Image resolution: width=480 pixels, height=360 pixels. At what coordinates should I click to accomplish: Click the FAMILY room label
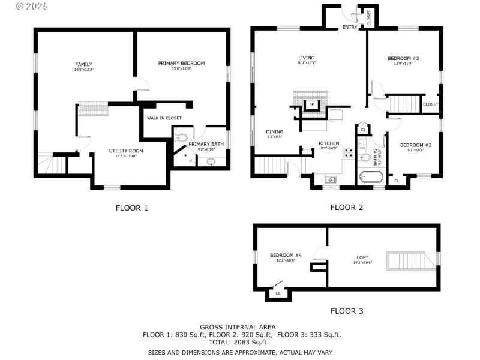pyautogui.click(x=83, y=64)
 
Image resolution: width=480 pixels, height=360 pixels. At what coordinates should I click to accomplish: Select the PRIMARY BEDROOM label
pyautogui.click(x=181, y=63)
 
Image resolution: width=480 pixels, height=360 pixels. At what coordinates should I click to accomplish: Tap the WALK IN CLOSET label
pyautogui.click(x=164, y=118)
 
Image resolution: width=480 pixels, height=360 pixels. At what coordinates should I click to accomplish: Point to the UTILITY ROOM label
pyautogui.click(x=125, y=151)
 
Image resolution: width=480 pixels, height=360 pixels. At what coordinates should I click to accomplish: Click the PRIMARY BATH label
pyautogui.click(x=206, y=145)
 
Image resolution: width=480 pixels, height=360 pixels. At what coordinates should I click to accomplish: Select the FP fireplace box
pyautogui.click(x=311, y=104)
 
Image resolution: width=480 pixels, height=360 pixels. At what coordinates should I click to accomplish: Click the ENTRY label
pyautogui.click(x=350, y=27)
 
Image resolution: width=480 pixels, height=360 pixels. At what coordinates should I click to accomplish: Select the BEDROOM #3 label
pyautogui.click(x=403, y=58)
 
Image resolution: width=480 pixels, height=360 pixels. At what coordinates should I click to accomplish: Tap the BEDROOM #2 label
pyautogui.click(x=416, y=145)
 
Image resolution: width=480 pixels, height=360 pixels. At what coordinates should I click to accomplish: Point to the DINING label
pyautogui.click(x=275, y=131)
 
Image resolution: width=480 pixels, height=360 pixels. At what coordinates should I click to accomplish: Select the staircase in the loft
pyautogui.click(x=411, y=260)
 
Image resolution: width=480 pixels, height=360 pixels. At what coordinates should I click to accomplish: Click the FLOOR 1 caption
pyautogui.click(x=131, y=208)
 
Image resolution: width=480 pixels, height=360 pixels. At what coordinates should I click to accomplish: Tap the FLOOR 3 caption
pyautogui.click(x=347, y=311)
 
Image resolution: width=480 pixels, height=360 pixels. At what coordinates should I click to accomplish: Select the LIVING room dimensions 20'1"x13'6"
pyautogui.click(x=306, y=63)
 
